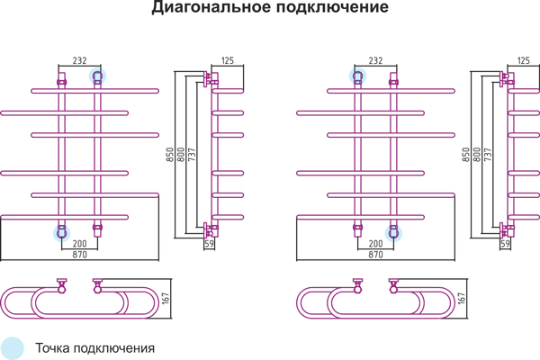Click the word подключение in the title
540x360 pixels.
coord(332,7)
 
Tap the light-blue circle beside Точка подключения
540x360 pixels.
coord(12,348)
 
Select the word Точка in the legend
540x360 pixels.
coord(53,348)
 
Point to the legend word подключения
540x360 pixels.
coord(114,348)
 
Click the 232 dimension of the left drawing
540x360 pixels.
coord(79,60)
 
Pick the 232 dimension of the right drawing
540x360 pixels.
coord(375,60)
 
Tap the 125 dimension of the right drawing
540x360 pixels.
coord(524,60)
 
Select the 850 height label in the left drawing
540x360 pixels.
coord(170,155)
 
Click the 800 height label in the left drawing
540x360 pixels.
coord(181,155)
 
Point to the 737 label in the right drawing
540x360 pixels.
coord(488,155)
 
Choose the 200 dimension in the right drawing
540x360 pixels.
coord(375,244)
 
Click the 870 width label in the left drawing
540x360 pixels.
coord(79,255)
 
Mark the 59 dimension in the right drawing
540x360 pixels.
coord(505,244)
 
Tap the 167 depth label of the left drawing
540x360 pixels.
coord(166,298)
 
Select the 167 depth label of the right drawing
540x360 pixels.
coord(462,298)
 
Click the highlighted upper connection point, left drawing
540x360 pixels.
coord(97,76)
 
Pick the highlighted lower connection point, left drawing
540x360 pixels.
coord(61,233)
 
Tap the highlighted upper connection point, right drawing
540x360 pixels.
coord(357,76)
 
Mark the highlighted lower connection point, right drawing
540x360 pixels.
coord(393,233)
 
